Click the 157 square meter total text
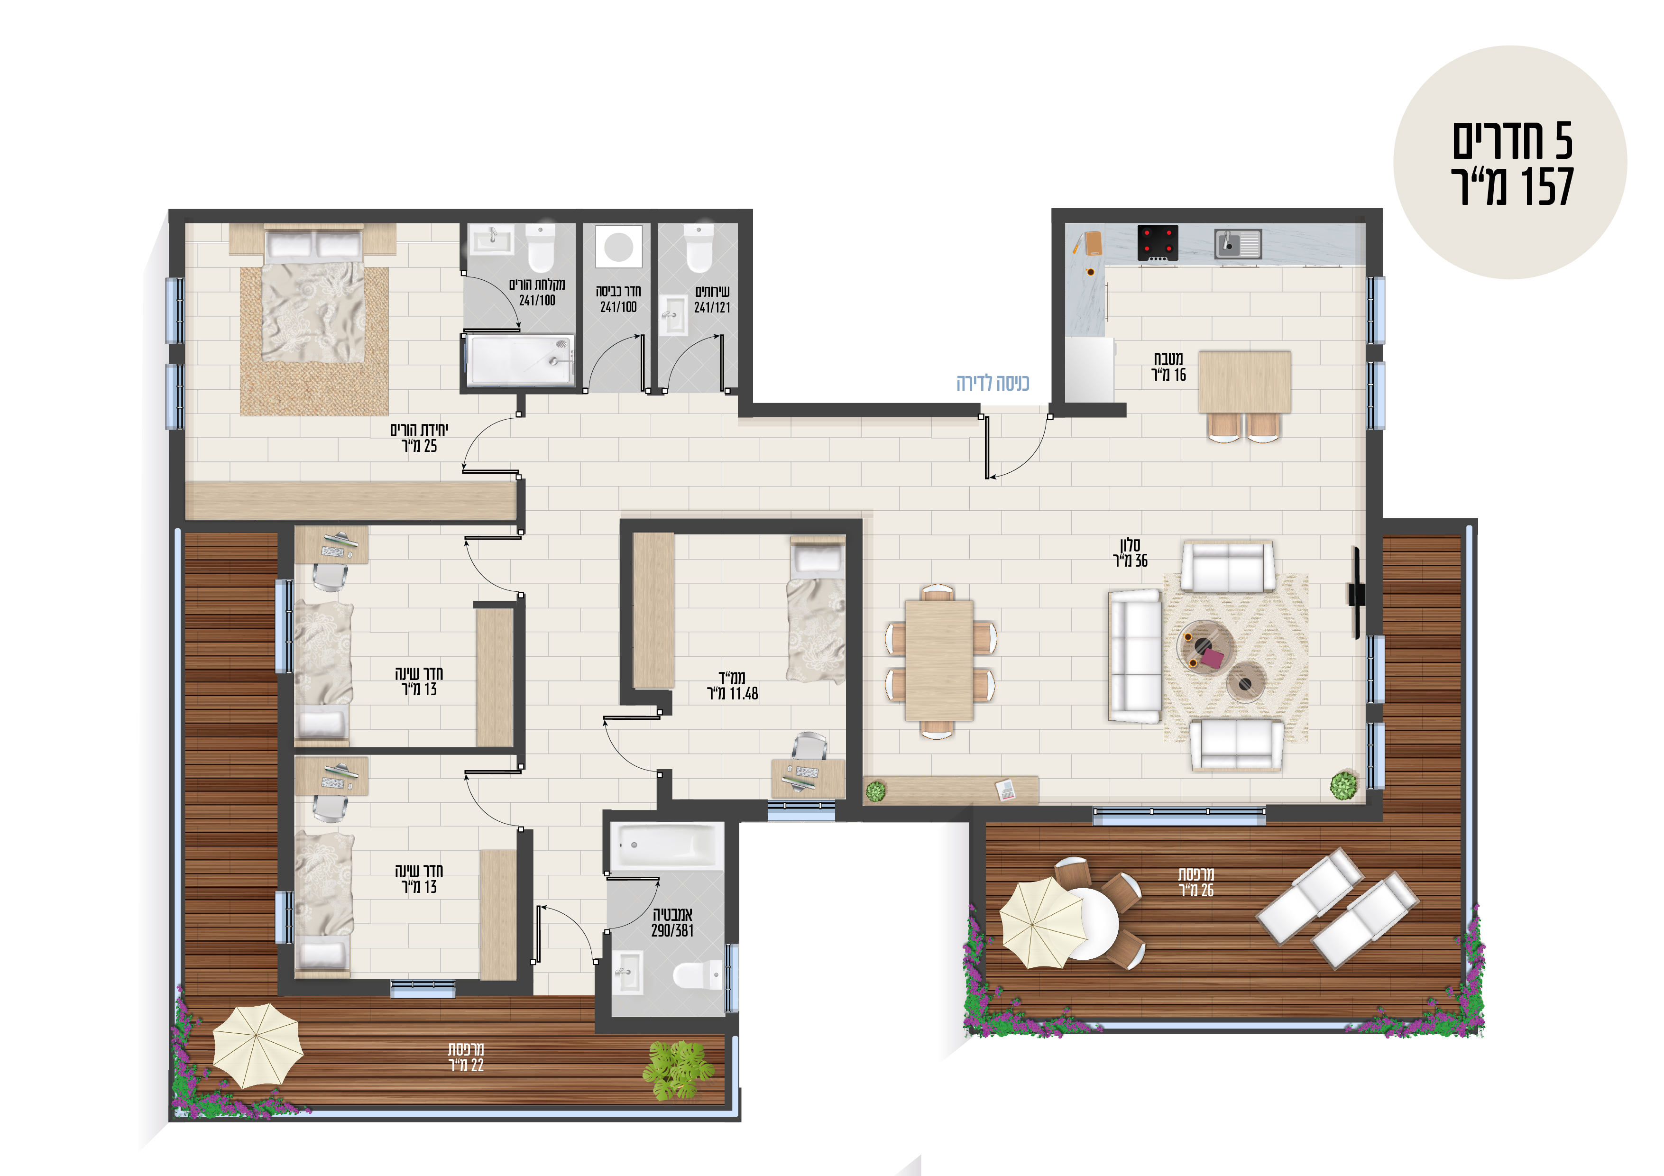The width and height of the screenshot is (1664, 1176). (1513, 187)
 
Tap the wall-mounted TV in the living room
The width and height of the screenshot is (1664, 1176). (1356, 593)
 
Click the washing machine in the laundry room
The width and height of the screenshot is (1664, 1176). (618, 247)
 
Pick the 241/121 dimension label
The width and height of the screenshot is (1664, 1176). (712, 307)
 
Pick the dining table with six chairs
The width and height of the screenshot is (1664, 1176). (939, 660)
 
